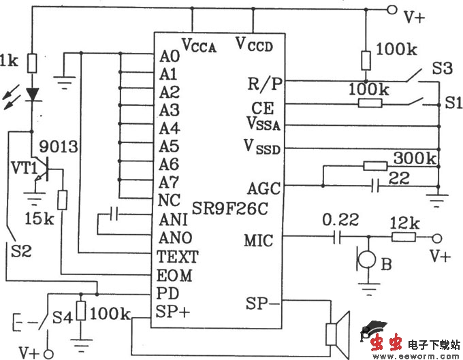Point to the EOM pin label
click(174, 276)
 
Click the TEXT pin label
click(177, 257)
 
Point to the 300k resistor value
click(414, 159)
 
